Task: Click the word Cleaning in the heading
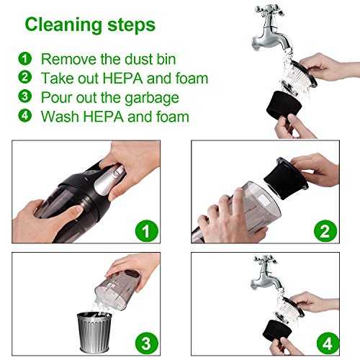coord(63,25)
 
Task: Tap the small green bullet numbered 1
coord(25,58)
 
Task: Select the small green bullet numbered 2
coord(25,77)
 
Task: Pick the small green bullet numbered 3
coord(25,96)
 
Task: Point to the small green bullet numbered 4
coord(25,115)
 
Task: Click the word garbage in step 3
coord(152,98)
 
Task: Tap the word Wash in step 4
coord(60,117)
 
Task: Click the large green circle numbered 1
coord(147,231)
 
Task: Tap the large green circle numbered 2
coord(325,231)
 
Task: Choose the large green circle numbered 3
coord(147,343)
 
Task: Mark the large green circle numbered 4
coord(328,343)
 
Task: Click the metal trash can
coord(94,332)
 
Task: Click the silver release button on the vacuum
coord(109,179)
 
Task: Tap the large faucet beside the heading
coord(272,29)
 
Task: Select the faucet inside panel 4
coord(267,273)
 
